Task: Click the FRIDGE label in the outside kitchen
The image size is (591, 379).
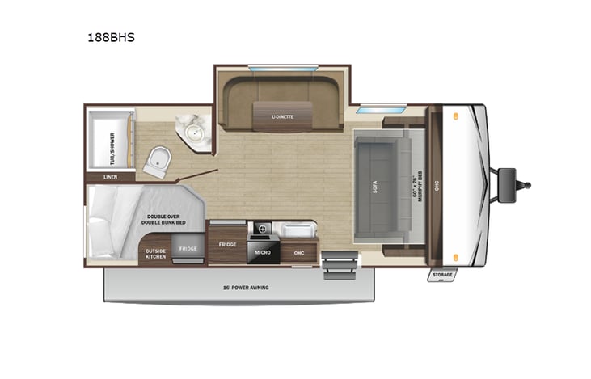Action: pos(188,249)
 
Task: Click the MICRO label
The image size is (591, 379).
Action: pos(262,252)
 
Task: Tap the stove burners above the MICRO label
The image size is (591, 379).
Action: pos(262,230)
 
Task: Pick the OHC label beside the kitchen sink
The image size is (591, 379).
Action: pos(299,252)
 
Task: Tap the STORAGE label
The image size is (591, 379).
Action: pos(442,275)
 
